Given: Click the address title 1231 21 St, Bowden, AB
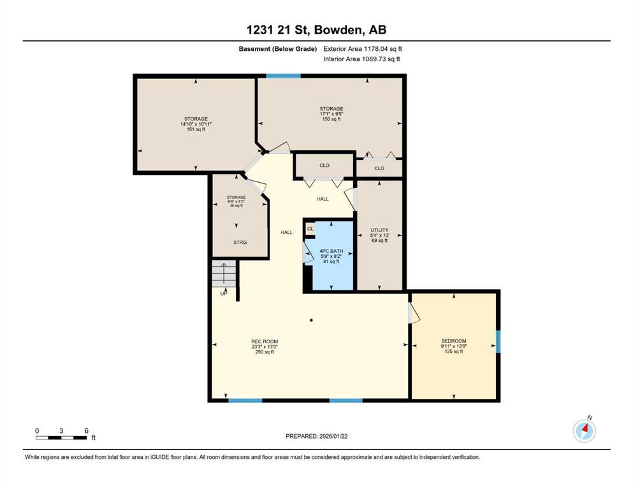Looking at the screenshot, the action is pos(316,29).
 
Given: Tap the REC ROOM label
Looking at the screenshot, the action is pos(265,341).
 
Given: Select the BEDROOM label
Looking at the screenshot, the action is pos(454,341).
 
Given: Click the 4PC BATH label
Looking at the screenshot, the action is pos(331,251).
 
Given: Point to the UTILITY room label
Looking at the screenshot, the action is pos(379,230).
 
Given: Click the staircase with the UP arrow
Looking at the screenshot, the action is pos(224,274).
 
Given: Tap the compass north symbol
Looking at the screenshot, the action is pos(584,431).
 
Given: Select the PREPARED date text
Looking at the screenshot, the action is pos(316,436).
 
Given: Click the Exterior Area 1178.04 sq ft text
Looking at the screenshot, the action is pos(363,49).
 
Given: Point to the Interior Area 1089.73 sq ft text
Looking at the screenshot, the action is pos(361,59).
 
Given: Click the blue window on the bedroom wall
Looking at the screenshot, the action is pos(498,341).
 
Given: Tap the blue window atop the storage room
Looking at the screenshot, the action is pos(284,76).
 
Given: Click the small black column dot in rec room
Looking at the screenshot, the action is pos(311,320).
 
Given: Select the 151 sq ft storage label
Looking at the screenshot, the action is pos(196,129).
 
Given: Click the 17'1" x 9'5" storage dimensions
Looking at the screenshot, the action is pos(331,114).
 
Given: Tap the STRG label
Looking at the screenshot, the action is pos(240,243).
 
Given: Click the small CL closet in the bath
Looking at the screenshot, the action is pos(310,229).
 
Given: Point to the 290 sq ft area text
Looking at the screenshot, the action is pos(265,352).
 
